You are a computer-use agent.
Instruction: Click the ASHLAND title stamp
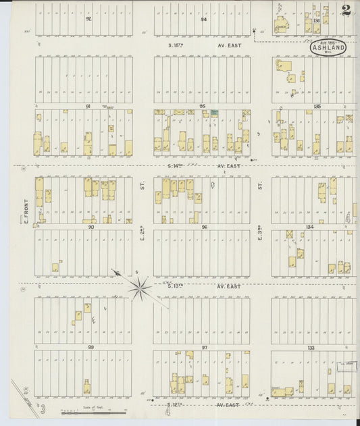(x=329, y=47)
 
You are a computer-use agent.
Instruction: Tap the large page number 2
(x=346, y=10)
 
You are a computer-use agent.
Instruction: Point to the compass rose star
(x=140, y=289)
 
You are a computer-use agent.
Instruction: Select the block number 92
(x=88, y=19)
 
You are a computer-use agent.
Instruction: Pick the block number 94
(x=203, y=19)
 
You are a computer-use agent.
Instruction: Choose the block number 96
(x=204, y=227)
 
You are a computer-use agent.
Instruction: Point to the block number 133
(x=310, y=347)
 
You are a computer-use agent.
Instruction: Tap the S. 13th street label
(x=177, y=286)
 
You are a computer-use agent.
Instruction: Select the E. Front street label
(x=26, y=211)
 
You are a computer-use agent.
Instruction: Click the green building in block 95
(x=214, y=113)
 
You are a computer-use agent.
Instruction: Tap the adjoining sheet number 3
(x=42, y=408)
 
